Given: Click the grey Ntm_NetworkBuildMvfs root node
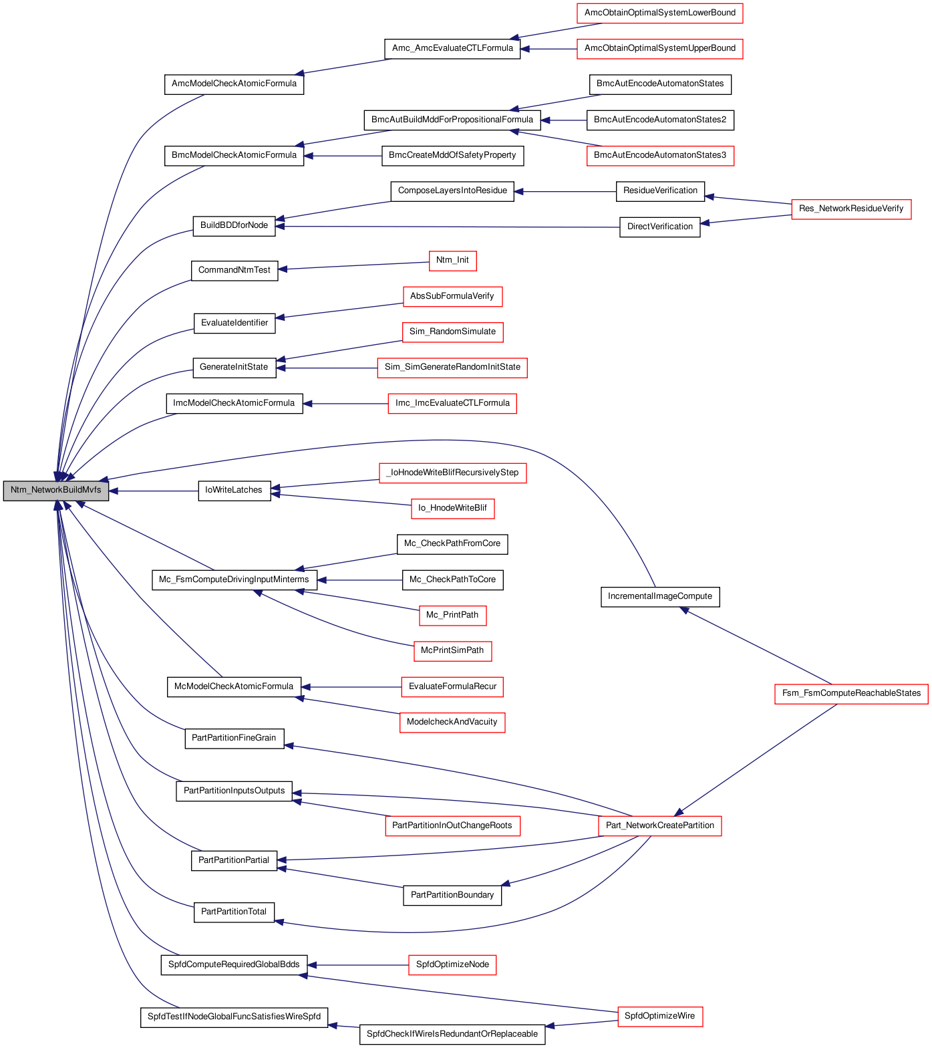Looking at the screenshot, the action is [56, 490].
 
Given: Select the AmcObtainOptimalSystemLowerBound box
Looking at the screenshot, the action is [660, 13].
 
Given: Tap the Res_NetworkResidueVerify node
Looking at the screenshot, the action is [851, 209].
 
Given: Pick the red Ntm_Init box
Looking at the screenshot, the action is [452, 260].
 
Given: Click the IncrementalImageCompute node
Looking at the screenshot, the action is [660, 596].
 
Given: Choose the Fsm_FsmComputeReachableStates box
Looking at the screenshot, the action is [851, 693].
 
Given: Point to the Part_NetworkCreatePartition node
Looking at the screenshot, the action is [660, 825].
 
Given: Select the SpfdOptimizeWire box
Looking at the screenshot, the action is [660, 1016].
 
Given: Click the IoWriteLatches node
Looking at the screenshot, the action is [234, 490].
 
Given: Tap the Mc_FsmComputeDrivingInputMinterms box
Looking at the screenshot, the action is [234, 579].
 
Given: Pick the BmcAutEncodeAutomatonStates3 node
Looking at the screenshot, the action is [660, 155].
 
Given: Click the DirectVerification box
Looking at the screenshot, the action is [660, 227].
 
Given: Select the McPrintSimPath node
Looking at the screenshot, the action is [452, 650].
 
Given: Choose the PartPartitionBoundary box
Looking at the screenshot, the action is [452, 895].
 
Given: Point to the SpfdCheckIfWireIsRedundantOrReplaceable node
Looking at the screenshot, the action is [452, 1034].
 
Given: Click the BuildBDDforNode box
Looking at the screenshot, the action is [234, 225].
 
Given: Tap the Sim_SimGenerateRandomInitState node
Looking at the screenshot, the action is [452, 367].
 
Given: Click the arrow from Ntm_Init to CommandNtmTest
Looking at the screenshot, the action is [353, 265].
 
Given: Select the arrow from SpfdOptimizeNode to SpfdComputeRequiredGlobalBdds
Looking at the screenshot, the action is [357, 965].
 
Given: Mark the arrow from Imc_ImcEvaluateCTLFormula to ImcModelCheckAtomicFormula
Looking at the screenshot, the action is [345, 404].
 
